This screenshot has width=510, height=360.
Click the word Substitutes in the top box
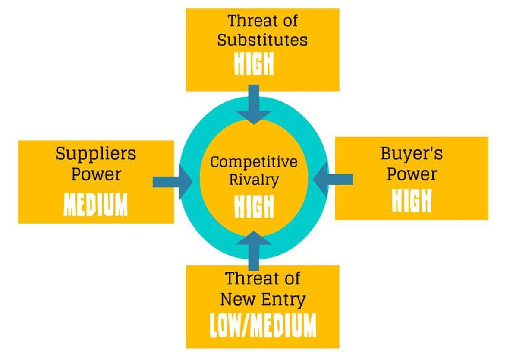point(262,40)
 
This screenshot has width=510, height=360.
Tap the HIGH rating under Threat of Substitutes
point(254,64)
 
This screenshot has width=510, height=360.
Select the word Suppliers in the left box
point(95,154)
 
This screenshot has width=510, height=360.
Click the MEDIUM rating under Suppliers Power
point(95,205)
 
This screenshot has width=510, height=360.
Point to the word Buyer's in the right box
point(412,154)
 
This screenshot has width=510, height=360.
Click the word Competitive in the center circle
point(254,162)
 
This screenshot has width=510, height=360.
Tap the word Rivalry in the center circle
point(254,180)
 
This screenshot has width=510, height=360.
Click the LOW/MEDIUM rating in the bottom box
point(262,325)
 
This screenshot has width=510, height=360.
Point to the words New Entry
point(262,299)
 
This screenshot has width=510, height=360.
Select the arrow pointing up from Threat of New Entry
point(254,249)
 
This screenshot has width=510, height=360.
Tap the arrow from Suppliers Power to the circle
point(173,182)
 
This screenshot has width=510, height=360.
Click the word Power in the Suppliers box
point(96,174)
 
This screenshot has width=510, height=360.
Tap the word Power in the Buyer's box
point(412,174)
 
